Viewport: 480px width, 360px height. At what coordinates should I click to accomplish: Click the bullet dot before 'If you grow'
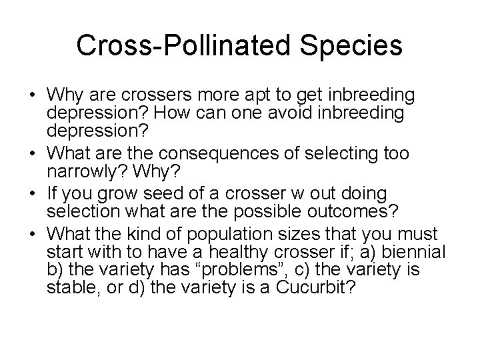[x=37, y=194]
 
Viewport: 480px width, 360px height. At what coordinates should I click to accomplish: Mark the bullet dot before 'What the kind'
[x=37, y=234]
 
